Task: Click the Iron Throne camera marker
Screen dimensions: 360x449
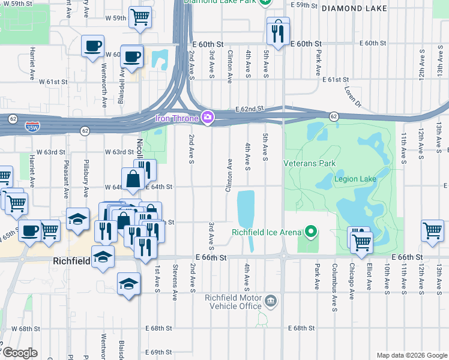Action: pos(208,118)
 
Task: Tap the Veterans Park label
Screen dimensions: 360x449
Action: pos(310,163)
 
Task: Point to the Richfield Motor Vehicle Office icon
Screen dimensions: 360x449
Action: pos(270,299)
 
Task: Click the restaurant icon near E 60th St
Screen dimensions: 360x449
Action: pos(277,32)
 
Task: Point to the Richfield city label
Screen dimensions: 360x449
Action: pos(71,261)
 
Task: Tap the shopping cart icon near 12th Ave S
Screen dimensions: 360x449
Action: pos(432,230)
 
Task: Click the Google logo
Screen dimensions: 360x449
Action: pos(20,353)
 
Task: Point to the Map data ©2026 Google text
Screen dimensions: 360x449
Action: pos(412,355)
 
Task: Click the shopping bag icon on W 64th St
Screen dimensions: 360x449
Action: pos(132,179)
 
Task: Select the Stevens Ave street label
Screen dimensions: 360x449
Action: pos(175,281)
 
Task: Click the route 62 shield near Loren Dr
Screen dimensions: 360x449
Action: pos(333,116)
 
